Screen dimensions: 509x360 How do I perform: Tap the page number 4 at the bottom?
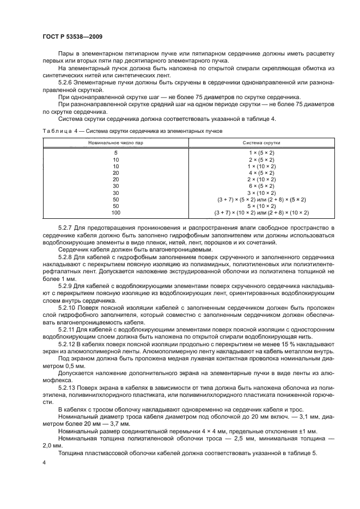44,462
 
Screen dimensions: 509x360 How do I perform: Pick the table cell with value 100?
115,213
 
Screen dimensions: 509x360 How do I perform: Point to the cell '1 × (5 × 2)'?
261,153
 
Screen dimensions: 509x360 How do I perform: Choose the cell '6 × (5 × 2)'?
261,186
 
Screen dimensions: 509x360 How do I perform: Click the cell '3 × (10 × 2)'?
261,193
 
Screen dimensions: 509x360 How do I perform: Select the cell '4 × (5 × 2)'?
261,173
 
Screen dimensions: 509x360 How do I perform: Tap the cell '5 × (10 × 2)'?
261,206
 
